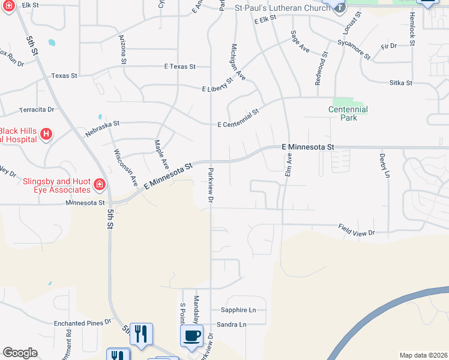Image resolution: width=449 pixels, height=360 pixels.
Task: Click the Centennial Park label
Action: click(348, 113)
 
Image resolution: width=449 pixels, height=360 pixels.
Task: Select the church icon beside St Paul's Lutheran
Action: click(340, 7)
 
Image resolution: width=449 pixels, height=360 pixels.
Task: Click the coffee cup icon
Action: click(191, 336)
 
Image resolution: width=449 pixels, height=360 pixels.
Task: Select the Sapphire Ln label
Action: click(238, 310)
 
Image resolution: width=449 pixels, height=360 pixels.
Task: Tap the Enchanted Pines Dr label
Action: click(83, 323)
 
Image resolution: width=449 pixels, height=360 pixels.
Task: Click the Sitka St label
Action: click(400, 83)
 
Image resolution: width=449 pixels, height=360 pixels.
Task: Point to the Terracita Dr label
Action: click(37, 110)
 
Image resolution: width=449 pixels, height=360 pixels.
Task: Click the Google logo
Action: click(20, 353)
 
